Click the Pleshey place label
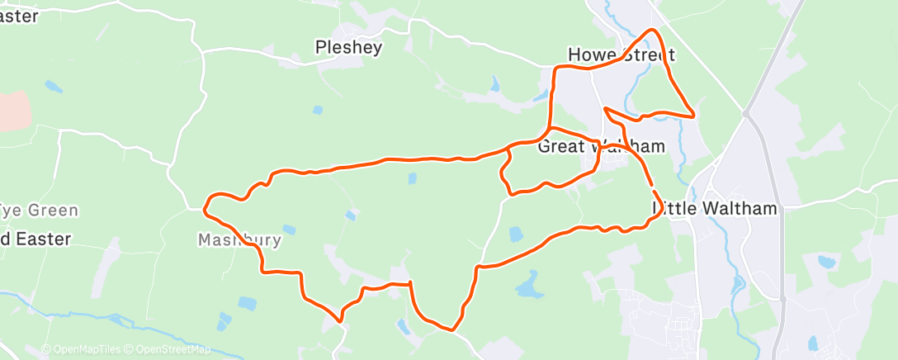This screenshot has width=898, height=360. pyautogui.click(x=349, y=48)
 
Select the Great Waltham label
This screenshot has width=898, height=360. pyautogui.click(x=601, y=146)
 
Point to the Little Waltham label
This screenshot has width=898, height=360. pyautogui.click(x=716, y=208)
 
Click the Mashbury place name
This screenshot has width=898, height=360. pyautogui.click(x=239, y=240)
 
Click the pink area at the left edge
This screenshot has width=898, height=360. pyautogui.click(x=13, y=110)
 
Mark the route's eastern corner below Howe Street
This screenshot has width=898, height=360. pyautogui.click(x=694, y=115)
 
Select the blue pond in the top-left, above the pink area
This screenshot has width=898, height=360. pyautogui.click(x=53, y=86)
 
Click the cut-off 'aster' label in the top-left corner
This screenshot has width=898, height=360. pyautogui.click(x=20, y=16)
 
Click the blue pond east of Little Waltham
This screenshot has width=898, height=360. pyautogui.click(x=826, y=263)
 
